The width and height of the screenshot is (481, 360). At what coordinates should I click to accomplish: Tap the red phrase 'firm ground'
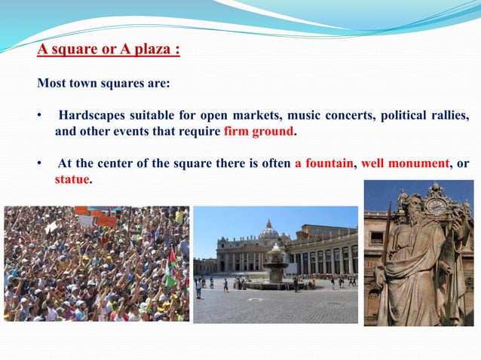click(259, 131)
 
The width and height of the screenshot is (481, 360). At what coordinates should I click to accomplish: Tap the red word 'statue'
click(72, 180)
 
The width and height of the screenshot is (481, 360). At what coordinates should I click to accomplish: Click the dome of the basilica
click(268, 230)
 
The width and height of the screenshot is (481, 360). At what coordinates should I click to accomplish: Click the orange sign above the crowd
click(106, 221)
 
